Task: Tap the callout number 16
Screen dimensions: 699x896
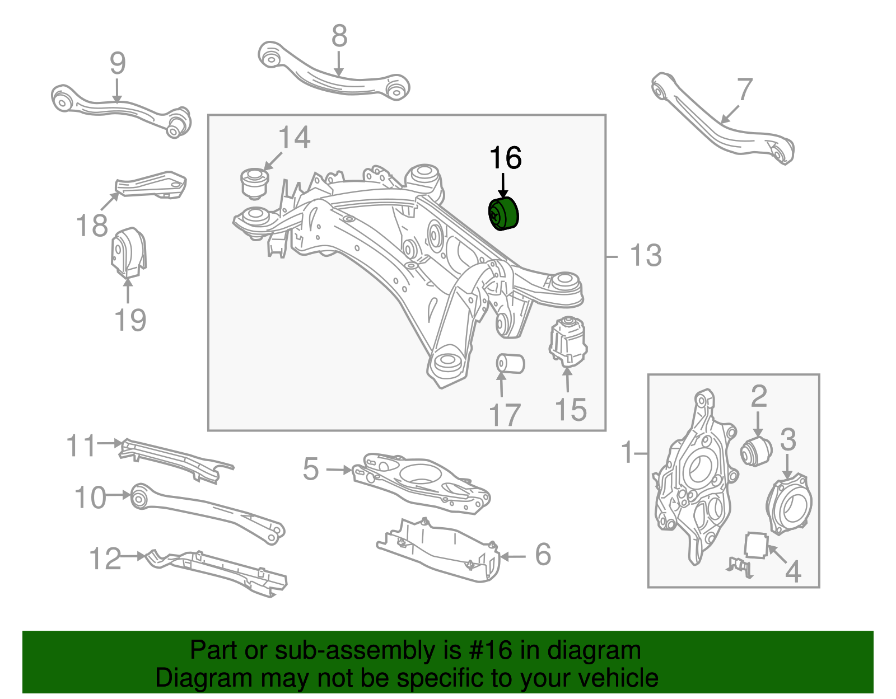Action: click(x=505, y=158)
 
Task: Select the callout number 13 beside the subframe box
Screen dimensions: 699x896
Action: click(x=646, y=256)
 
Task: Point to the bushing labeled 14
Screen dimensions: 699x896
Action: click(x=255, y=183)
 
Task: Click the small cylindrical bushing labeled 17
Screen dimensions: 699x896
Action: click(x=510, y=363)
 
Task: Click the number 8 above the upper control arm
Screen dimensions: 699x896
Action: click(x=339, y=36)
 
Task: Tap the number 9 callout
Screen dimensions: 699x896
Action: click(x=118, y=64)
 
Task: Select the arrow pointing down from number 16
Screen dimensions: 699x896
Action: click(x=503, y=185)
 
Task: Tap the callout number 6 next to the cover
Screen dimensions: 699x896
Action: click(x=543, y=554)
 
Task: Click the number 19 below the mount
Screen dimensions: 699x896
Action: click(x=130, y=320)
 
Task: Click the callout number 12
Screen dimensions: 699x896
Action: click(x=105, y=559)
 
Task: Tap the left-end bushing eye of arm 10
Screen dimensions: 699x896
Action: click(x=139, y=496)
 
